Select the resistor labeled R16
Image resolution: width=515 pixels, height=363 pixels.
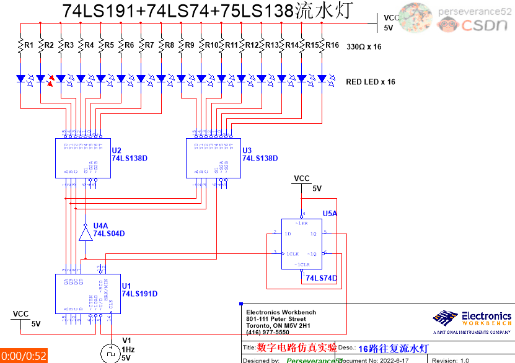pyautogui.click(x=322, y=45)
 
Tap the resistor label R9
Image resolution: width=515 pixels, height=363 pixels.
pyautogui.click(x=189, y=45)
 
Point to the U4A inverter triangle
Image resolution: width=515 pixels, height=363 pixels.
pyautogui.click(x=85, y=234)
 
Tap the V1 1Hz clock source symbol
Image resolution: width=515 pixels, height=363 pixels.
pyautogui.click(x=110, y=353)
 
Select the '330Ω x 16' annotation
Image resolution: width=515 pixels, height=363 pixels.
pyautogui.click(x=363, y=47)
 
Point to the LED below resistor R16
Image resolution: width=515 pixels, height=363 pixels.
pyautogui.click(x=322, y=79)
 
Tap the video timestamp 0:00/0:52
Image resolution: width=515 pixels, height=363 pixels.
pyautogui.click(x=24, y=356)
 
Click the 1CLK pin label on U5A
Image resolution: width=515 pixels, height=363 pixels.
pyautogui.click(x=292, y=254)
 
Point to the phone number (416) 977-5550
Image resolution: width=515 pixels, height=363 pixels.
pyautogui.click(x=267, y=332)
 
